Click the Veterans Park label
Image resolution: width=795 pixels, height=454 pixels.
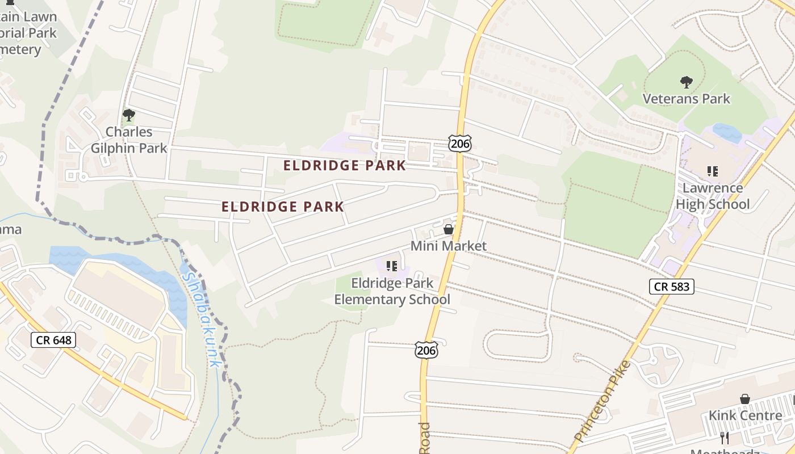coord(686,99)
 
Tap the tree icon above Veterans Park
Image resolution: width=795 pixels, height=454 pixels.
coord(686,82)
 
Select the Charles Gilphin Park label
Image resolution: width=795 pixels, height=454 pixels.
coord(129,140)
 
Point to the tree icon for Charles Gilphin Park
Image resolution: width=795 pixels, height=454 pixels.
coord(129,115)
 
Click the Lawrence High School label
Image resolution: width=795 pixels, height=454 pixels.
coord(713,196)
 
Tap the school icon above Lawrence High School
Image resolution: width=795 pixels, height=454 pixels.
coord(712,171)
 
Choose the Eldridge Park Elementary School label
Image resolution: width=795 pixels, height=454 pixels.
coord(392,291)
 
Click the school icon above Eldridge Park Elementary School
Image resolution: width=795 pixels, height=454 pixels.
coord(391,266)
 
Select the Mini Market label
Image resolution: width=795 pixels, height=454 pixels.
coord(449,246)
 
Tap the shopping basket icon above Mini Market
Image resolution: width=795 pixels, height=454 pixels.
coord(449,229)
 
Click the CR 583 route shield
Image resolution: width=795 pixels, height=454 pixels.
coord(672,287)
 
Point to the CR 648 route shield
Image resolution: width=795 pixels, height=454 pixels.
coord(53,340)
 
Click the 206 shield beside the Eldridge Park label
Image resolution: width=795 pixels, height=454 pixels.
coord(459,144)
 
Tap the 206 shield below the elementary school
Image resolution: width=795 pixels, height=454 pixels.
coord(426,350)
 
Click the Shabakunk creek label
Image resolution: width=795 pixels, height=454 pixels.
coord(202,318)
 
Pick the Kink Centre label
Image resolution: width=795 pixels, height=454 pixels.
coord(745,415)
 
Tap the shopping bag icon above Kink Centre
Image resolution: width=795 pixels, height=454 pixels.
coord(745,399)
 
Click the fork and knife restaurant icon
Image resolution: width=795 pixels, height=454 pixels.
coord(725,438)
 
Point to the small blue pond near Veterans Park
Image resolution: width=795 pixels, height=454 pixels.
coord(727,133)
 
